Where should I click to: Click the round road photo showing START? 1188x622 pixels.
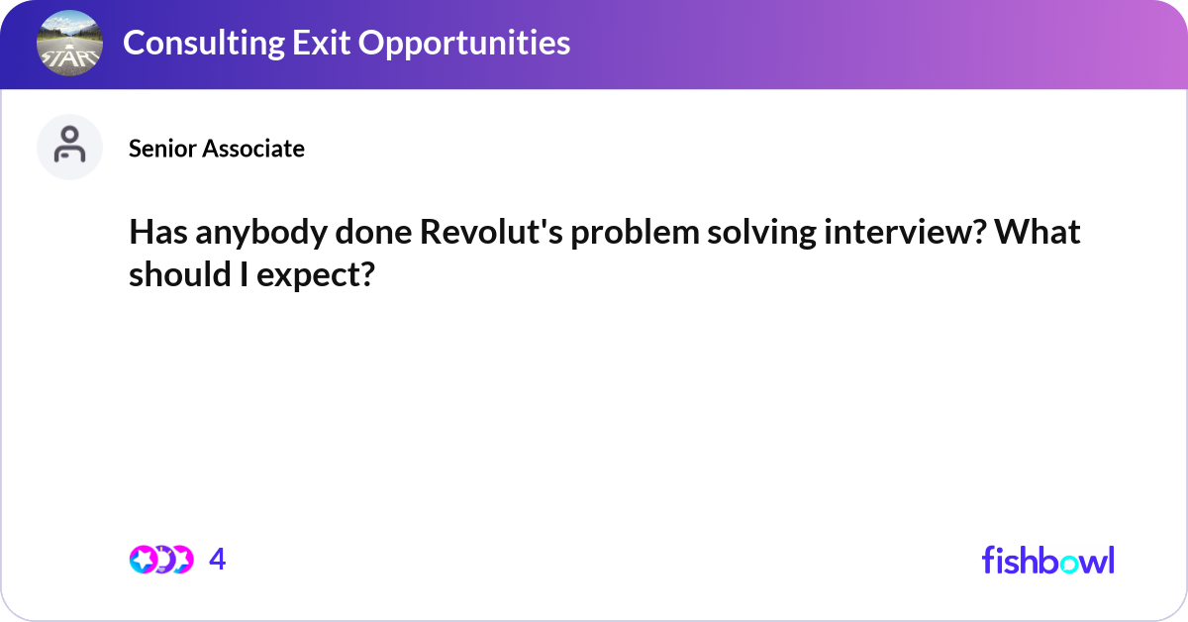pyautogui.click(x=69, y=44)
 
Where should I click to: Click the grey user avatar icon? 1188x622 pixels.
pyautogui.click(x=69, y=147)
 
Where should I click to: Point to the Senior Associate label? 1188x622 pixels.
pyautogui.click(x=216, y=149)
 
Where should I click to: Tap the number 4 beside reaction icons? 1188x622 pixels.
pyautogui.click(x=218, y=561)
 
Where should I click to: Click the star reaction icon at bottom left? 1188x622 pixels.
pyautogui.click(x=144, y=560)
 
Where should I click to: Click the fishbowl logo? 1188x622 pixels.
pyautogui.click(x=1047, y=560)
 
